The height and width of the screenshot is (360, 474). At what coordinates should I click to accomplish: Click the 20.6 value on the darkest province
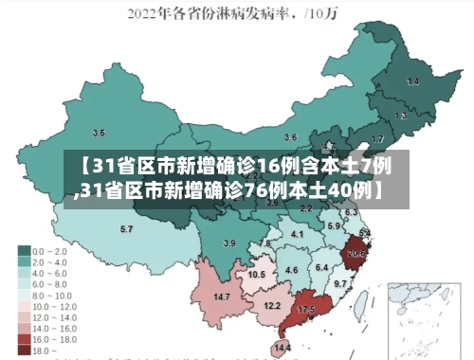pos(356,254)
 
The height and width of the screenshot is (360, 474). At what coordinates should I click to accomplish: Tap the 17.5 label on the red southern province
pos(306,310)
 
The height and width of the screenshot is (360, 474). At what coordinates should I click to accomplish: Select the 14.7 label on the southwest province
pos(222,297)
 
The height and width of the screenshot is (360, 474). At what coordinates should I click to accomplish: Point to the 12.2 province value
pos(272,306)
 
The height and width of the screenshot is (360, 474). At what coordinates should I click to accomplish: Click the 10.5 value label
pos(257,275)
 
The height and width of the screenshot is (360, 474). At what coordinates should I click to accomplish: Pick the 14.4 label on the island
pos(282,349)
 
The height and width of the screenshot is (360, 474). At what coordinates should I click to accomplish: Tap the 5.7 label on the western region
pos(126,229)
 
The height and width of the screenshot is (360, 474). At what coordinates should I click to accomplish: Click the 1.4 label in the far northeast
pos(412,81)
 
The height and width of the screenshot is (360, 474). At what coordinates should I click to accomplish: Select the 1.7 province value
pos(378,139)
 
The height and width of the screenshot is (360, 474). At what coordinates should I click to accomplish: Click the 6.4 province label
pos(322,268)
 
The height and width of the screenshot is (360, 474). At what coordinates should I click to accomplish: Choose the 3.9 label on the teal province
pos(228,243)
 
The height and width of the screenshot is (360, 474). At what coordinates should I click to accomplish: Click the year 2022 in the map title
pos(149,13)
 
